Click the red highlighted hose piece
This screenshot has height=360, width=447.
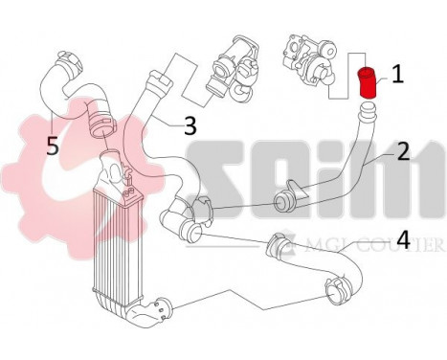click(x=365, y=83)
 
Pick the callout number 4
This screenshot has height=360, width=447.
click(x=404, y=240)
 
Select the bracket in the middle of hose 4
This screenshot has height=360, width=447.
click(x=275, y=246)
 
